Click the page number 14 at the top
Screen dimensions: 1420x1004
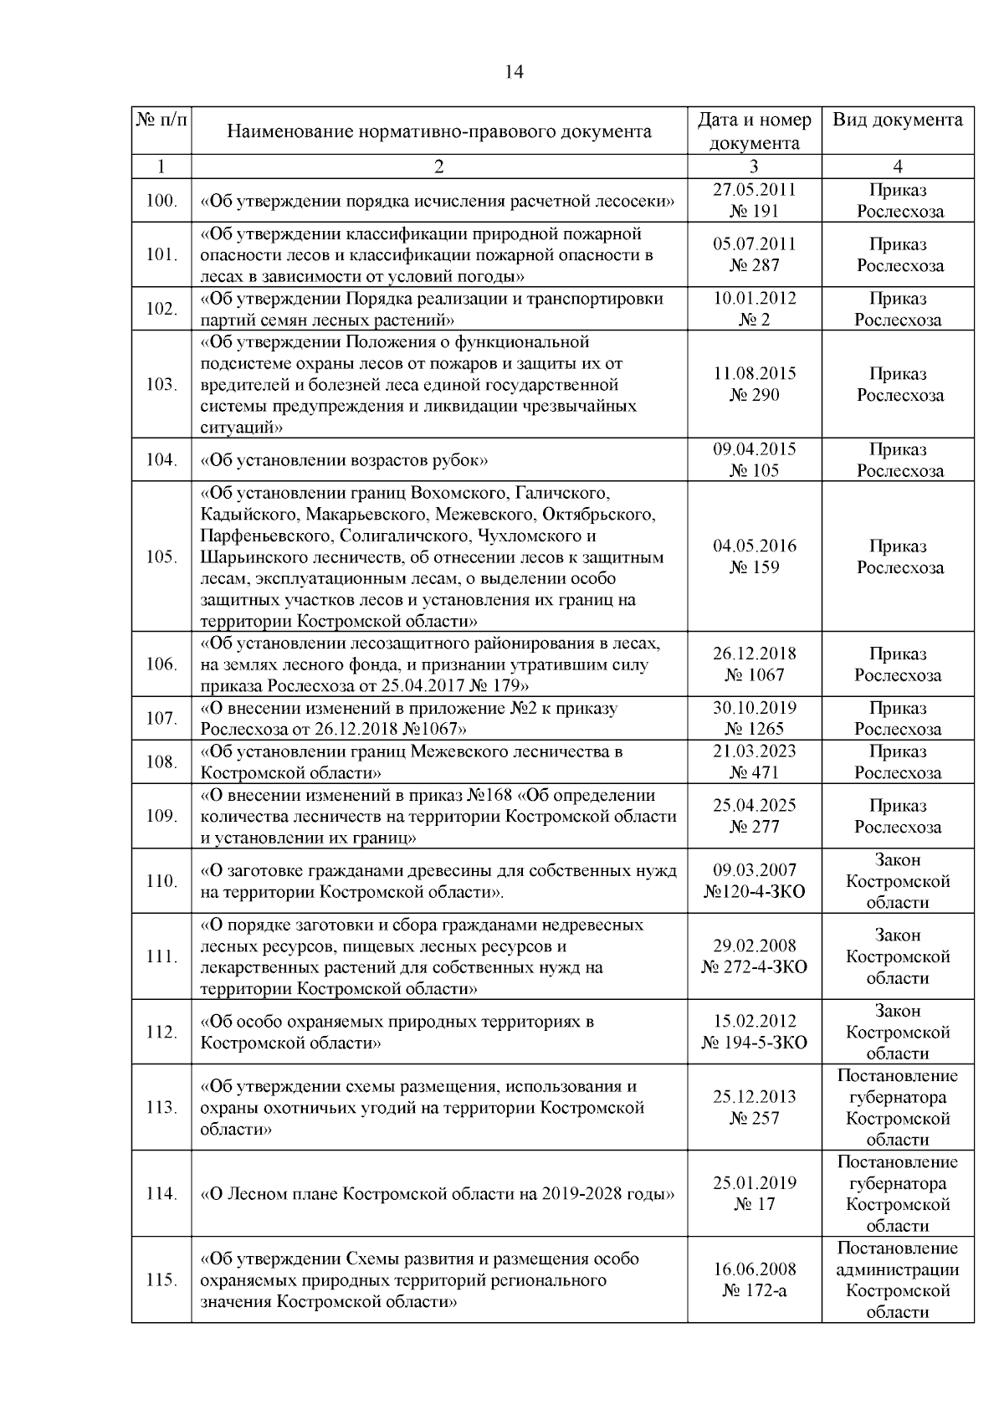coord(514,72)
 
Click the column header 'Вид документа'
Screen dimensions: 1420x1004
coord(898,120)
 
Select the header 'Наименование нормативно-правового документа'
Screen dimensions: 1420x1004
coord(439,131)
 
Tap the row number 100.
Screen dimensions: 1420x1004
coord(161,201)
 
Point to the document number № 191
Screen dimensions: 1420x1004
coord(754,211)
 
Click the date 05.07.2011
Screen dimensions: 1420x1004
coord(754,244)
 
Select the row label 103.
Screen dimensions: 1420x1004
coord(161,385)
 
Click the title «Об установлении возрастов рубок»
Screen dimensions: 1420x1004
coord(344,460)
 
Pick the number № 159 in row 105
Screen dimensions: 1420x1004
coord(754,567)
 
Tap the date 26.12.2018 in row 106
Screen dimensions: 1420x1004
coord(754,654)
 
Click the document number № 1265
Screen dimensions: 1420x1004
coord(754,729)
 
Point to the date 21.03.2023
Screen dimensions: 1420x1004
coord(754,751)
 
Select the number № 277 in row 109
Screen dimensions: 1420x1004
coord(754,827)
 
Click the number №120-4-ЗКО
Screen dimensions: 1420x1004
coord(754,892)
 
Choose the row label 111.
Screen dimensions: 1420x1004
coord(161,956)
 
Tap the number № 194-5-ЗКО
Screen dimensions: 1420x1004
coord(754,1043)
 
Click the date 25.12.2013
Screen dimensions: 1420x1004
coord(754,1097)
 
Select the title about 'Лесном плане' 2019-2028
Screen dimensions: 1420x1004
coord(438,1194)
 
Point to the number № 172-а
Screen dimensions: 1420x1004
coord(754,1291)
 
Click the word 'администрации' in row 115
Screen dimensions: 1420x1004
coord(898,1269)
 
